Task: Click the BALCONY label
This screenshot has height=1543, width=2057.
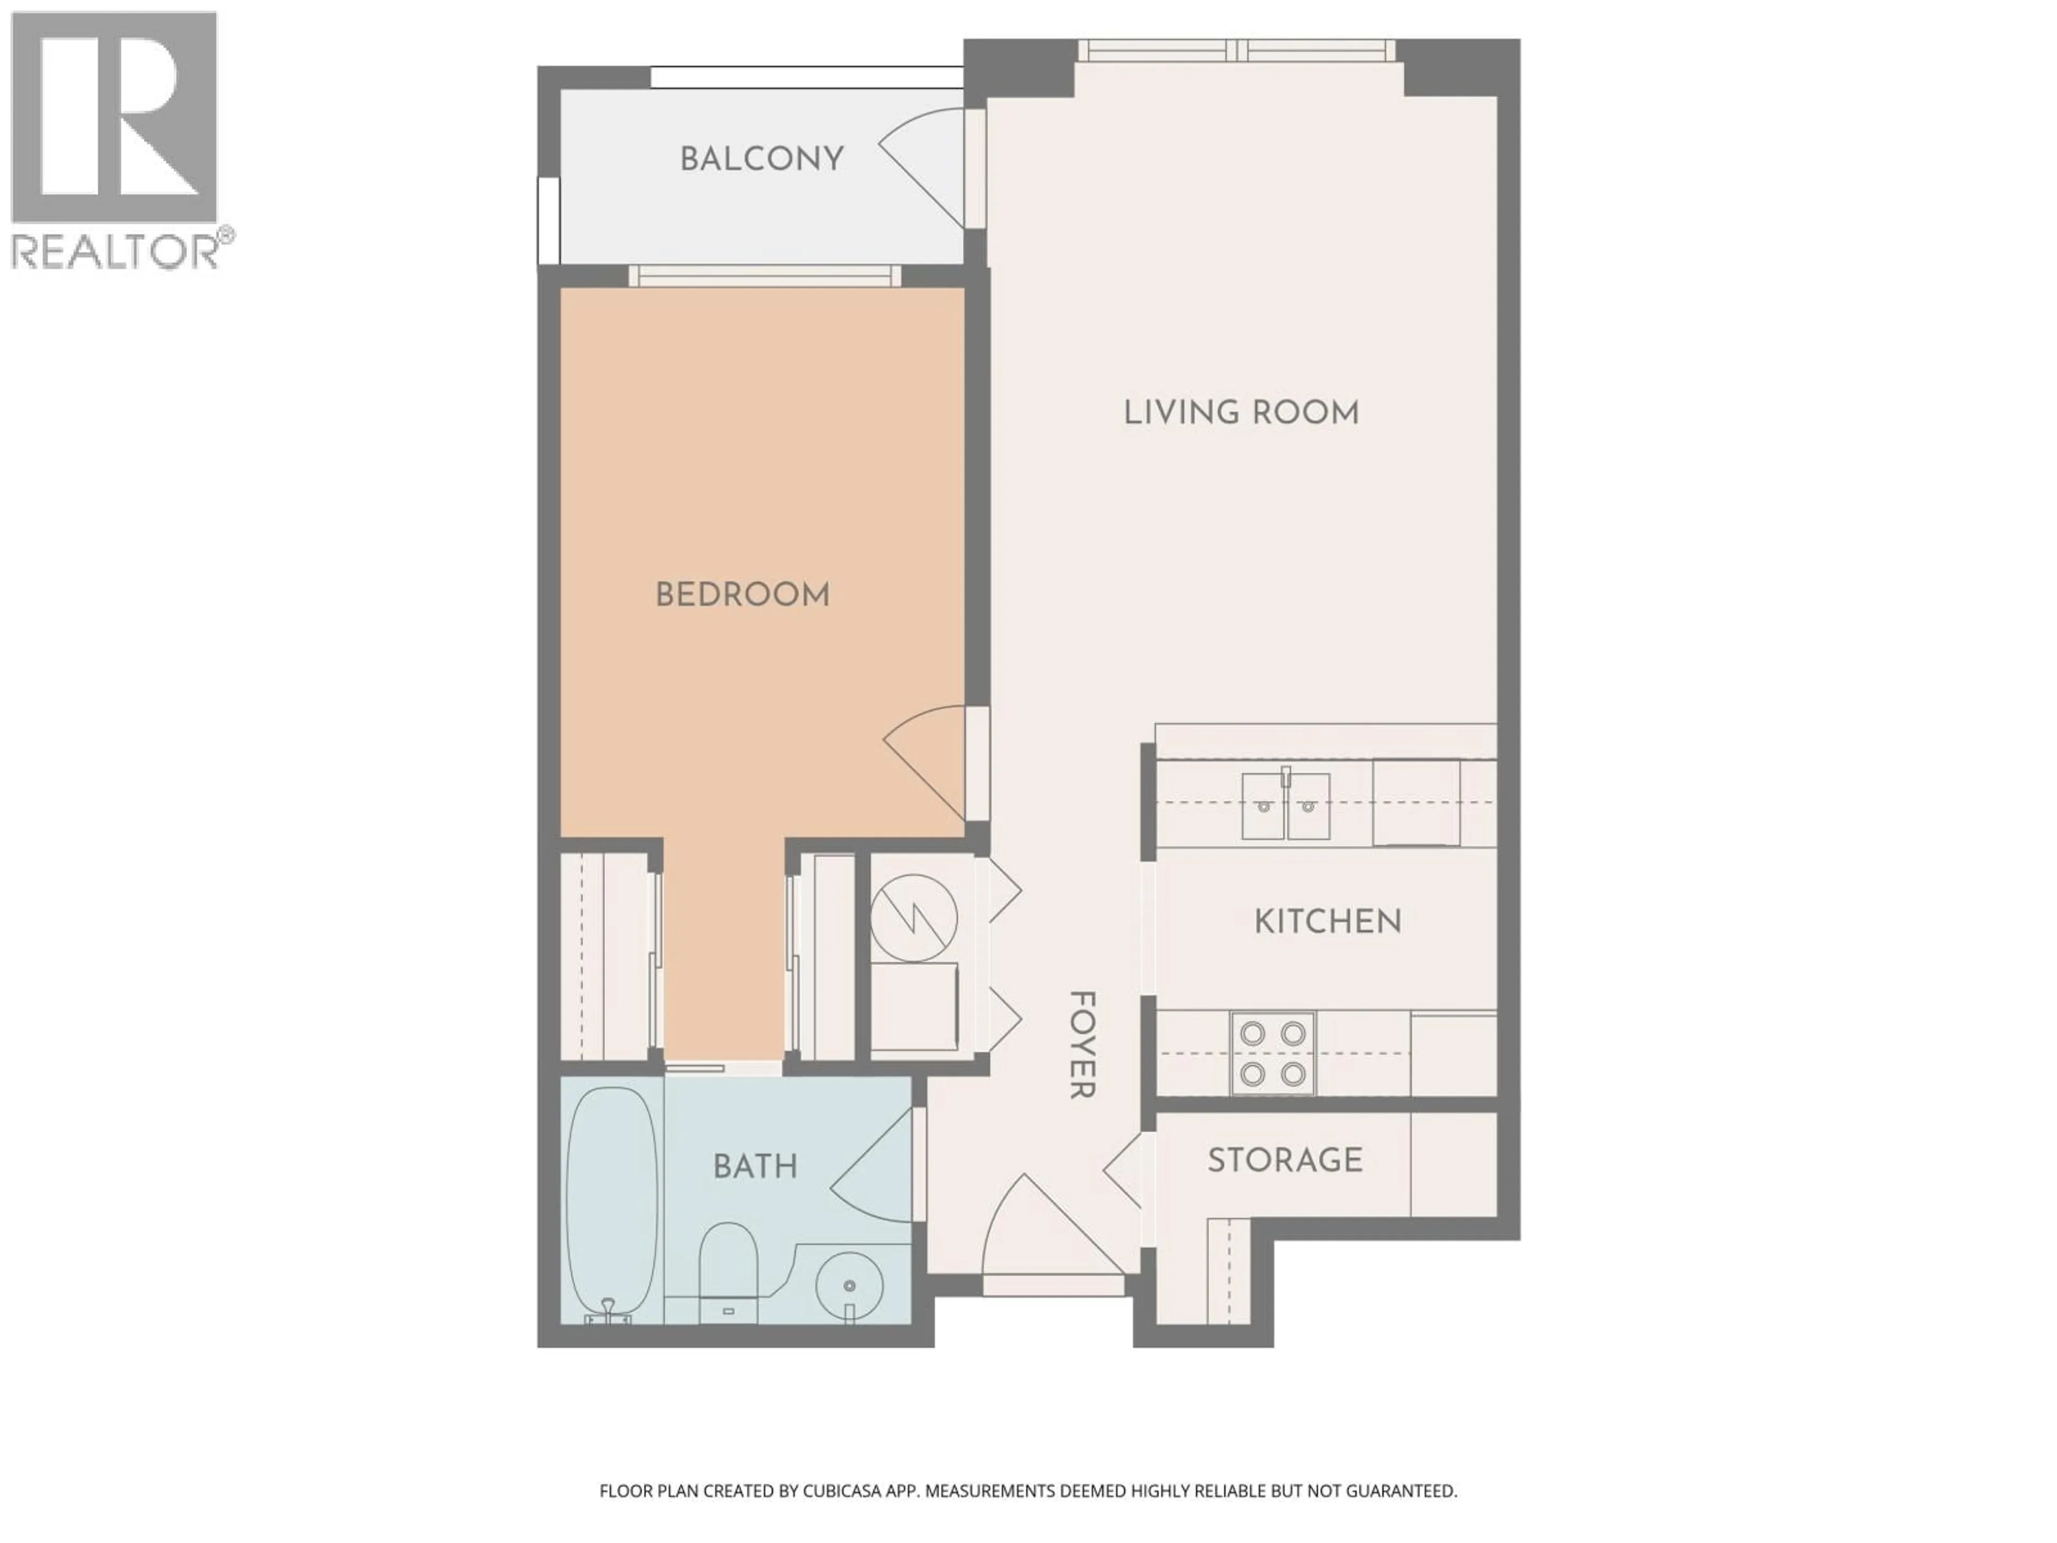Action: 762,159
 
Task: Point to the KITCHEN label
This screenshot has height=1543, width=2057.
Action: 1327,922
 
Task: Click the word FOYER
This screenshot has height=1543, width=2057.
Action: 1082,1045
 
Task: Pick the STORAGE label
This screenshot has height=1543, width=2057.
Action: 1285,1160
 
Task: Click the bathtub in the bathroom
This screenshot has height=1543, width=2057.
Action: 612,1204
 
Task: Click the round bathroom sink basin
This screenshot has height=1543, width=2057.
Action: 848,1284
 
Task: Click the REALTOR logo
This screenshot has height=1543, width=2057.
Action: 115,139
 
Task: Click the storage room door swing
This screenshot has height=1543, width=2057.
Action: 1123,1170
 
